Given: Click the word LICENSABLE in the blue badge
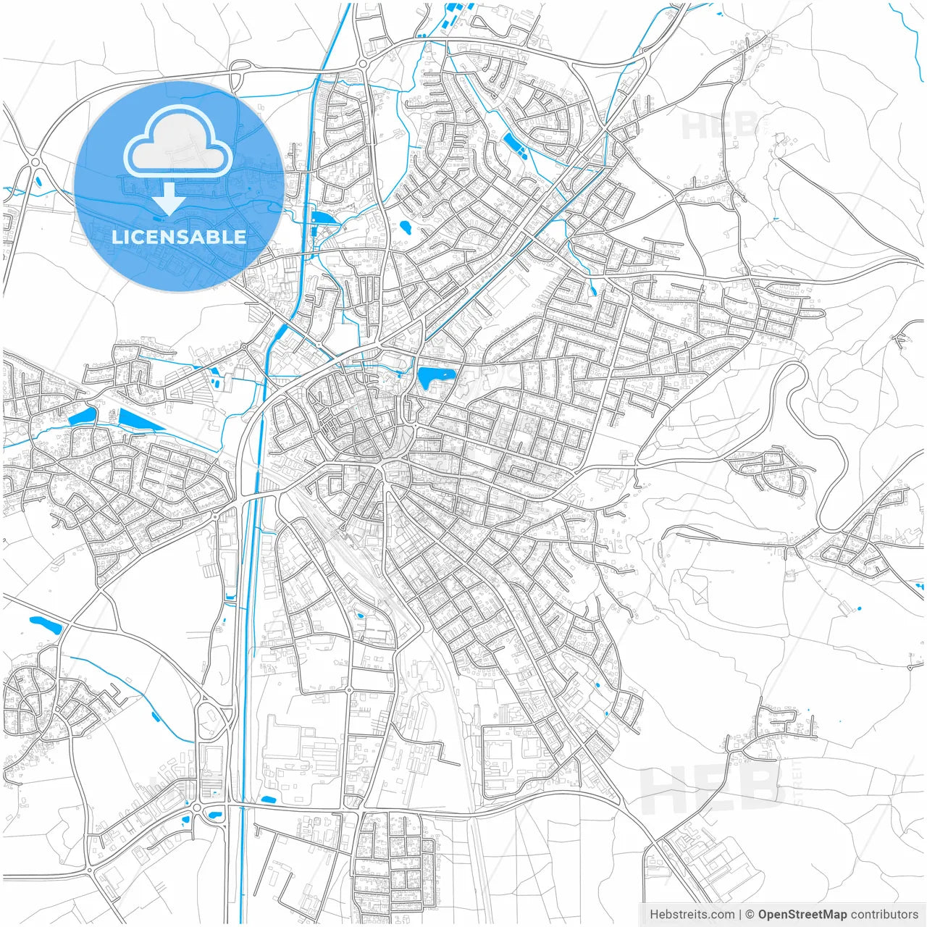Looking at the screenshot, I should [179, 237].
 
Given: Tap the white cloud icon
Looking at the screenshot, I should [178, 143].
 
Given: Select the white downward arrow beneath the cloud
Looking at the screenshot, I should [169, 198].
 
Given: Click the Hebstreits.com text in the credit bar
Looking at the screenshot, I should [692, 914].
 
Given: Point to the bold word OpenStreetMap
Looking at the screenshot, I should [802, 914].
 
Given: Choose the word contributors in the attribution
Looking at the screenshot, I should [884, 914].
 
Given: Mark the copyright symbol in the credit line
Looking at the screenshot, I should [750, 914].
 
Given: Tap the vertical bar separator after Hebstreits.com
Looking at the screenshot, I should [739, 914].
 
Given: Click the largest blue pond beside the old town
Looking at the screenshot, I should [435, 377].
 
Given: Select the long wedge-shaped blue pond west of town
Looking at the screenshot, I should [139, 421].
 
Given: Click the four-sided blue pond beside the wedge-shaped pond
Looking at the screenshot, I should [82, 416].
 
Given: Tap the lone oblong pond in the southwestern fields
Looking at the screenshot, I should [45, 624].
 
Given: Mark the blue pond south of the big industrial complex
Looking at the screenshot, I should [269, 800].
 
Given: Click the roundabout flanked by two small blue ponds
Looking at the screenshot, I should [197, 807].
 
